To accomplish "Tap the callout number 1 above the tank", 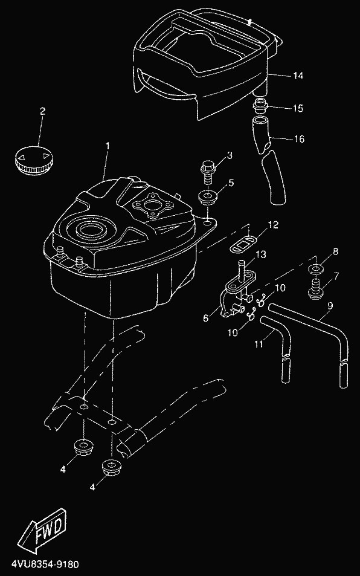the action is click(x=108, y=146).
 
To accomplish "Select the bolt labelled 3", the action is click(x=208, y=172).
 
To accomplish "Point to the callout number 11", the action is click(x=259, y=344).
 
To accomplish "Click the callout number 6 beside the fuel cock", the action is click(x=205, y=318).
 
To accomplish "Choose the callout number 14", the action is click(x=298, y=76).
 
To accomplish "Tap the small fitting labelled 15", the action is click(x=260, y=106).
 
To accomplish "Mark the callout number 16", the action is click(x=299, y=139).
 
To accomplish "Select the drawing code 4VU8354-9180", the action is click(x=45, y=564).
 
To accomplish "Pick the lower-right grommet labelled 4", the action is click(x=111, y=468).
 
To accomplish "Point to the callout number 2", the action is click(x=42, y=111).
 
